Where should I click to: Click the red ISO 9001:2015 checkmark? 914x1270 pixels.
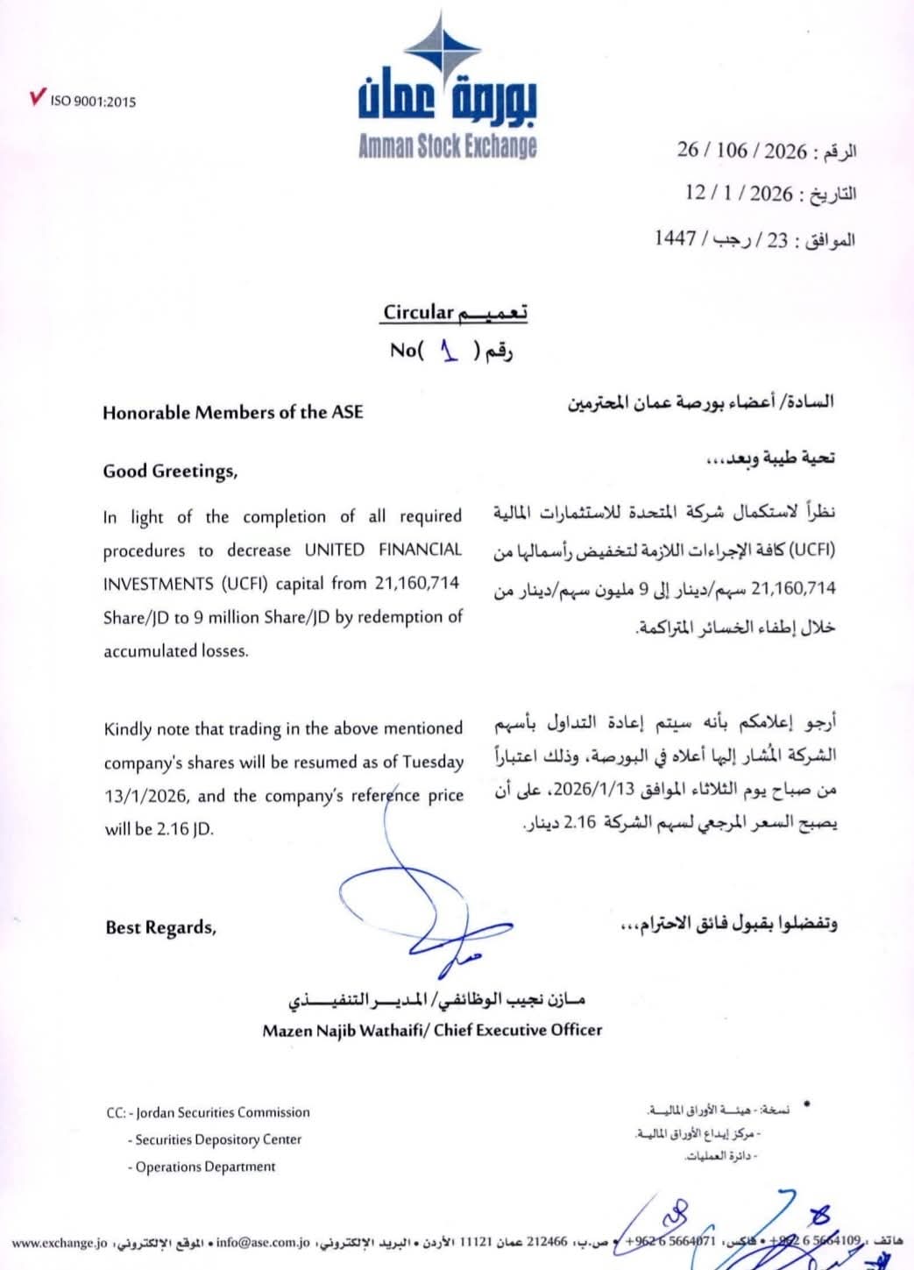point(37,97)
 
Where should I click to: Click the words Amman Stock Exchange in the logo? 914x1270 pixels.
point(447,146)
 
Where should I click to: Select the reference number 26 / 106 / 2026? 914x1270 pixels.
point(741,151)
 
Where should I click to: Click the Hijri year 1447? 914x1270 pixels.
point(675,238)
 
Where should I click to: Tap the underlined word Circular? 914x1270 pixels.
point(418,312)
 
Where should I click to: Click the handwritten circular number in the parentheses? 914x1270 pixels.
point(450,351)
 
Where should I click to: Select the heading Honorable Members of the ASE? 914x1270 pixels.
point(232,412)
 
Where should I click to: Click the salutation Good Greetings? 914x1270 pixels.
point(170,472)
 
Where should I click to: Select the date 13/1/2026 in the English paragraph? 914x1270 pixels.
point(145,796)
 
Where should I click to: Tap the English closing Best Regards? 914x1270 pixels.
point(160,927)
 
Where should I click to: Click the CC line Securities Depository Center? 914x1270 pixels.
point(218,1139)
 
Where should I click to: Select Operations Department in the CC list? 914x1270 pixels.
point(205,1167)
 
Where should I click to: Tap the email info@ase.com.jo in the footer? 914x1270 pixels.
point(263,1242)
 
